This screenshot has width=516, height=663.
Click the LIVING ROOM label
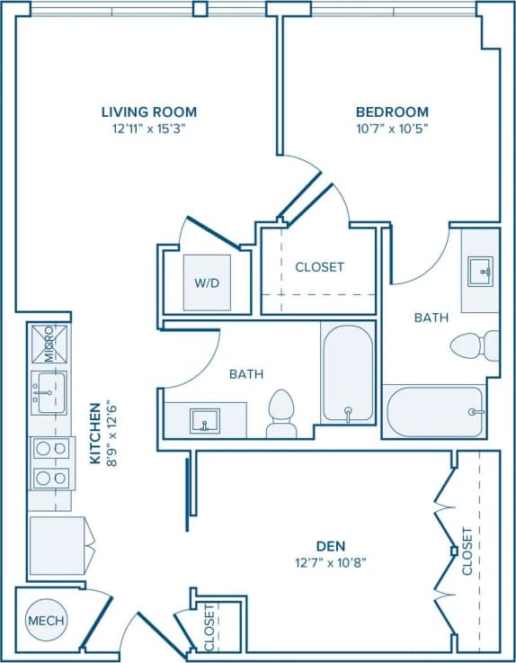click(x=148, y=112)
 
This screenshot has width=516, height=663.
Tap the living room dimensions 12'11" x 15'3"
click(x=148, y=128)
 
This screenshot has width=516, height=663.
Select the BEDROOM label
click(x=392, y=112)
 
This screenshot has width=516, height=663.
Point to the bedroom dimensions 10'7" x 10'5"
click(x=392, y=128)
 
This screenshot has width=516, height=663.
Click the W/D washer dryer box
click(x=207, y=282)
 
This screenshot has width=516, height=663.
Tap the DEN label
click(x=332, y=546)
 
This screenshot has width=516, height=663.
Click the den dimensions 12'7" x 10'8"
click(x=332, y=562)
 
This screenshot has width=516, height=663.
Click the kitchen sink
click(x=49, y=393)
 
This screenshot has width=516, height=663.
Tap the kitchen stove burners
click(x=50, y=462)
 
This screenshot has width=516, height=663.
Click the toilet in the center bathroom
click(x=281, y=415)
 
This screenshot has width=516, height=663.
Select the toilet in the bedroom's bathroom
click(x=475, y=345)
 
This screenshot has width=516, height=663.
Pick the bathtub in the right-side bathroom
click(x=434, y=411)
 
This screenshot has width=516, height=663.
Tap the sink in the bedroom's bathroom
click(x=480, y=269)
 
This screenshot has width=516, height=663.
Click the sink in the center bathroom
click(x=205, y=420)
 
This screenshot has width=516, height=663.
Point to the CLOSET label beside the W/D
click(x=319, y=267)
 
